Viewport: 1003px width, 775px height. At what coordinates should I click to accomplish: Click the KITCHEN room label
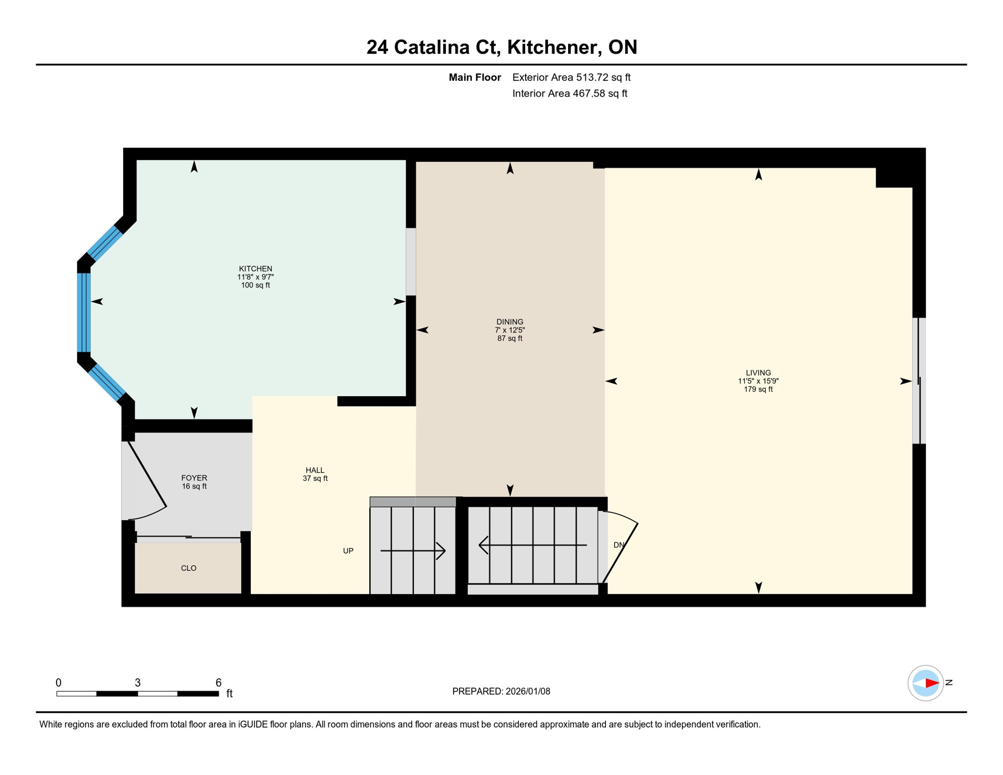pyautogui.click(x=255, y=269)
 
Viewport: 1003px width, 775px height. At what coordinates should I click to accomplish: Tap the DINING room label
pyautogui.click(x=510, y=322)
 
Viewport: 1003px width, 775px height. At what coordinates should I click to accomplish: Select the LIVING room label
pyautogui.click(x=758, y=373)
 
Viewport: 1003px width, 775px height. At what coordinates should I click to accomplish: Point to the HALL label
pyautogui.click(x=315, y=470)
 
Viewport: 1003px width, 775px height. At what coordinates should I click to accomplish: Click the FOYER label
pyautogui.click(x=194, y=478)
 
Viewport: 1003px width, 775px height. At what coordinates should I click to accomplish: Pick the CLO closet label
pyautogui.click(x=189, y=568)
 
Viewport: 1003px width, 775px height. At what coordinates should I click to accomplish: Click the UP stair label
pyautogui.click(x=348, y=551)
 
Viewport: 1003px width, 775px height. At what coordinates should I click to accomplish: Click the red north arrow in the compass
pyautogui.click(x=931, y=683)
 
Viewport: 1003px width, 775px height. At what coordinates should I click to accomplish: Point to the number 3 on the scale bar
pyautogui.click(x=138, y=683)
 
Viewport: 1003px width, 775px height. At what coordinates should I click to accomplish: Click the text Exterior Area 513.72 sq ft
pyautogui.click(x=571, y=77)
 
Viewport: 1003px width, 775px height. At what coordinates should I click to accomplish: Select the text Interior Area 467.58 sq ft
pyautogui.click(x=570, y=93)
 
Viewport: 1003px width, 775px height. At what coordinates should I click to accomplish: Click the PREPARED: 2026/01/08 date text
pyautogui.click(x=501, y=691)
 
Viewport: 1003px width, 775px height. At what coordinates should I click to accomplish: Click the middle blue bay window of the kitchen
pyautogui.click(x=84, y=312)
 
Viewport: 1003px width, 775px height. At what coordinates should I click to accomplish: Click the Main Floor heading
pyautogui.click(x=475, y=77)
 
